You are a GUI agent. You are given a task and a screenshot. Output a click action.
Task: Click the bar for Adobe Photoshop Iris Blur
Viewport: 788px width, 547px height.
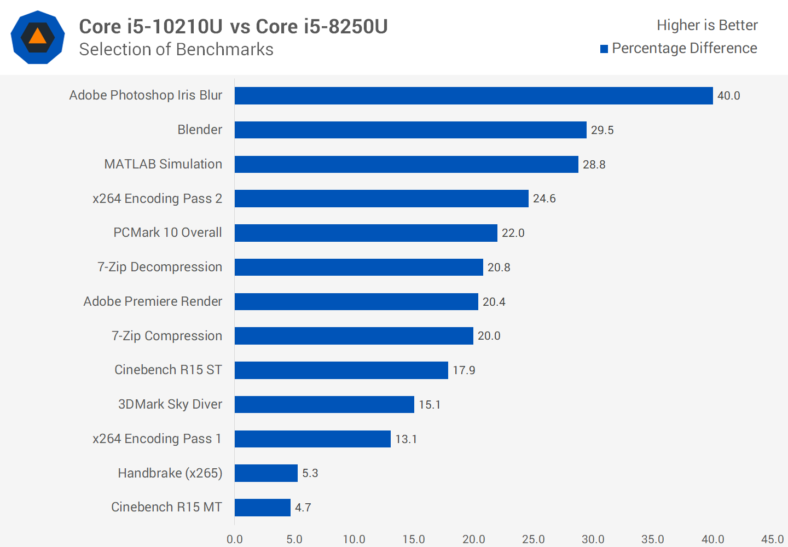(473, 96)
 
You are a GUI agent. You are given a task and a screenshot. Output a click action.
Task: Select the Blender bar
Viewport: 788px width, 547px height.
(410, 130)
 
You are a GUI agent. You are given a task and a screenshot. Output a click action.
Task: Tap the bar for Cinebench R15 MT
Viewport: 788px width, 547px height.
(263, 508)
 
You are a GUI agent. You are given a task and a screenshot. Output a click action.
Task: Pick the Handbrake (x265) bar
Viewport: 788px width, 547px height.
(266, 473)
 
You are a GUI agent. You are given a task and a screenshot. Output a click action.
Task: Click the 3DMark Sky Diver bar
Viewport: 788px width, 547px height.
(325, 405)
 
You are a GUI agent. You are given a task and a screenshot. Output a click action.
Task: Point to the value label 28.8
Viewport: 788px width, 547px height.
(594, 165)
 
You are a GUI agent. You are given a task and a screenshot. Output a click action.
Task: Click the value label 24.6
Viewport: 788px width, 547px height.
(544, 199)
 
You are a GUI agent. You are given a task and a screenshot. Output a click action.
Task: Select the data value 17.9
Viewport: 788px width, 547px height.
(463, 370)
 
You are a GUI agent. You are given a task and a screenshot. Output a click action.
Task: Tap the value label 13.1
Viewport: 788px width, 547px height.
(406, 439)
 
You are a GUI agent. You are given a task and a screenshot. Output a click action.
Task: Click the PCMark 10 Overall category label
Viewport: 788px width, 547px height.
(167, 232)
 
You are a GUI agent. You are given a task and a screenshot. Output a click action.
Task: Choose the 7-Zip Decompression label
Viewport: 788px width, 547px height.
(160, 267)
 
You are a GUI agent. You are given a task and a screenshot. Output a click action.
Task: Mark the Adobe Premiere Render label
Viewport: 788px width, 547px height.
(153, 301)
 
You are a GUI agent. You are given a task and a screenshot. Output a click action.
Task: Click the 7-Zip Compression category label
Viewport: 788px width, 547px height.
(167, 336)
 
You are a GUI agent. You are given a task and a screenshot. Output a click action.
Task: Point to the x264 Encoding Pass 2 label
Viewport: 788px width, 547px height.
(157, 199)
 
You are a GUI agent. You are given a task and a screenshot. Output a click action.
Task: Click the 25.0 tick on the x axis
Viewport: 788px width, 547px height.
(533, 539)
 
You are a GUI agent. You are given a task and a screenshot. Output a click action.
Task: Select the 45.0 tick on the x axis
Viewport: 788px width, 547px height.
(772, 539)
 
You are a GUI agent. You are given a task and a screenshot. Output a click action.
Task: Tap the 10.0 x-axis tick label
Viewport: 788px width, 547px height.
(354, 539)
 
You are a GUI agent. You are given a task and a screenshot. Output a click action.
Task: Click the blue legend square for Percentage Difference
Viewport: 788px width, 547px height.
(604, 49)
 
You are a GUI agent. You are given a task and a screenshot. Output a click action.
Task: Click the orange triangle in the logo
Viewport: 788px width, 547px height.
(37, 37)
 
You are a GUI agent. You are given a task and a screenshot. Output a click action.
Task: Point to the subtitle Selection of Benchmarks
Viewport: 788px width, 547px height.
(176, 50)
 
